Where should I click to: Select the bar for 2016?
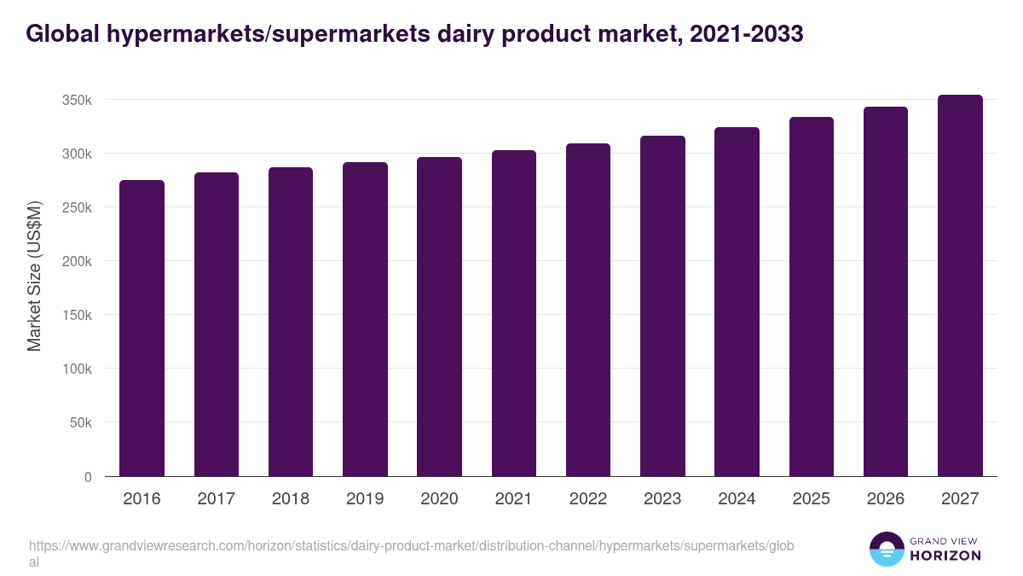pos(142,329)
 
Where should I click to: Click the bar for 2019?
pos(365,319)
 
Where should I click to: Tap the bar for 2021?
pos(514,313)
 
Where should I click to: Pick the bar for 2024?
pos(737,302)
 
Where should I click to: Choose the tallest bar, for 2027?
pos(960,286)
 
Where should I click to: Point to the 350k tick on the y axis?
pos(78,100)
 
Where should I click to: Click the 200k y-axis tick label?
pos(78,261)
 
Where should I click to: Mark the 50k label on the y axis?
pos(81,422)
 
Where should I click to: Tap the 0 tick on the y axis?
pos(88,476)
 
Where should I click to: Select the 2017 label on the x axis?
pos(216,499)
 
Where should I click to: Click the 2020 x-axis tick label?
pos(439,499)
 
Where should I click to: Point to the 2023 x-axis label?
pos(662,499)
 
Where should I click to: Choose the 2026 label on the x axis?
pos(886,499)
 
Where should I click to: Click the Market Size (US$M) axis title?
pos(34,275)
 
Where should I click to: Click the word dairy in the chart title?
pos(461,34)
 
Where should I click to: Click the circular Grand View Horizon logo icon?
pos(887,550)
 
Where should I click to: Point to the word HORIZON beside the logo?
pos(945,556)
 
